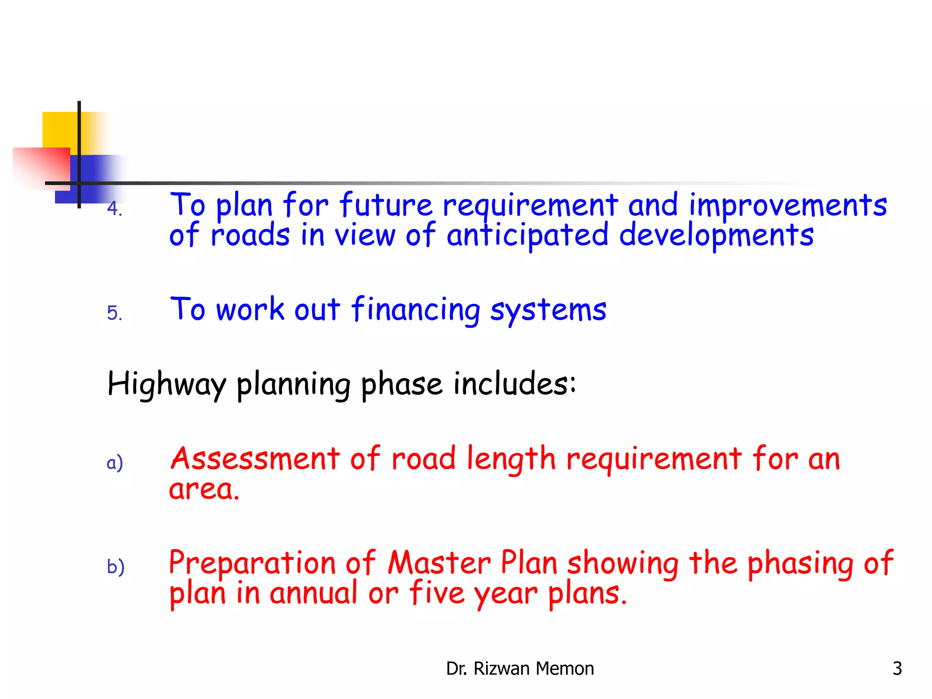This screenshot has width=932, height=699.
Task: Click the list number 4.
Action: [114, 209]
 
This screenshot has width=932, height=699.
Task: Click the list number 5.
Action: [114, 313]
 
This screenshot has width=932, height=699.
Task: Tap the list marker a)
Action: [115, 462]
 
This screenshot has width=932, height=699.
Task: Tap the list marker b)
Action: [116, 567]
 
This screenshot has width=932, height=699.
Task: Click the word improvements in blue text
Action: [788, 206]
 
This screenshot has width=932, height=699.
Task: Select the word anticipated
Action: [527, 236]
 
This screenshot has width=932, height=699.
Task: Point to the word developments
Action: [716, 236]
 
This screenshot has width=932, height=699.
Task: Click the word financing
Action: [415, 310]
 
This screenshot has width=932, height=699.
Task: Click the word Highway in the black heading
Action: [167, 385]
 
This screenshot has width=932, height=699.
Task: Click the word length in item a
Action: [511, 460]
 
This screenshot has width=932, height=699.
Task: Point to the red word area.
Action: [204, 490]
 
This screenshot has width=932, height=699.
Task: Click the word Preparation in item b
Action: [252, 563]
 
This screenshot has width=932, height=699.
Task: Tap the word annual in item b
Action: [314, 593]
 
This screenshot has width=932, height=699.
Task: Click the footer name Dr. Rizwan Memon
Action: [520, 669]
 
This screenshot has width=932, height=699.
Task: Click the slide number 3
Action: [897, 669]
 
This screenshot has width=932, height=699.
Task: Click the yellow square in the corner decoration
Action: [59, 129]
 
